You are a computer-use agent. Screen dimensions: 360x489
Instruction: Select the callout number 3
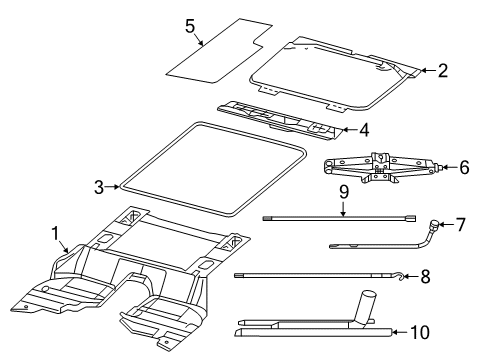[98, 185]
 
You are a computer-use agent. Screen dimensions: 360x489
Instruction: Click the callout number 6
[463, 168]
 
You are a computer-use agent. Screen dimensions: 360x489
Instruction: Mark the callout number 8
[425, 276]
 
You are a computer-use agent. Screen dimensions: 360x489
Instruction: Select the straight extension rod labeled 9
[340, 216]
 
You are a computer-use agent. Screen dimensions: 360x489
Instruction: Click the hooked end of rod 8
[398, 274]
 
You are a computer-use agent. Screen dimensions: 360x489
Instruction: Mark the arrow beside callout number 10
[399, 332]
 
